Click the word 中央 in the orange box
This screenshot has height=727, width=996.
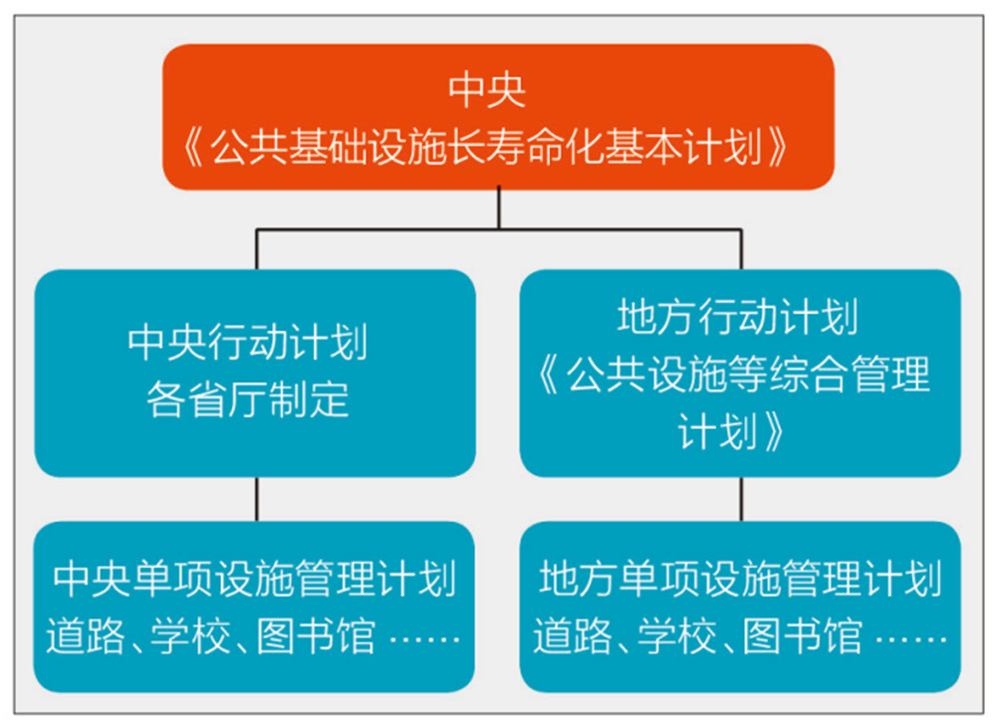487,91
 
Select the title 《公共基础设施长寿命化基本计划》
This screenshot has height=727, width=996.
487,147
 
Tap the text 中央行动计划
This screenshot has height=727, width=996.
248,343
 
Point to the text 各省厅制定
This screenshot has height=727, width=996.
248,399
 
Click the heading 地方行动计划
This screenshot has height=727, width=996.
738,316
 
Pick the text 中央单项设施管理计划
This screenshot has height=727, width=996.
255,579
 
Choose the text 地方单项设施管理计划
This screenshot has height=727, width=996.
741,579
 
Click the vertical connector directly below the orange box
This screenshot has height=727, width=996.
499,207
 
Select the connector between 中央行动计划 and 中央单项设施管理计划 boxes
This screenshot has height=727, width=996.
257,499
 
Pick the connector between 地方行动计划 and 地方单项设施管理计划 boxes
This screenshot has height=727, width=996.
741,499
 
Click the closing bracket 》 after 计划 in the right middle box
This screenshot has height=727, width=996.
775,432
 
